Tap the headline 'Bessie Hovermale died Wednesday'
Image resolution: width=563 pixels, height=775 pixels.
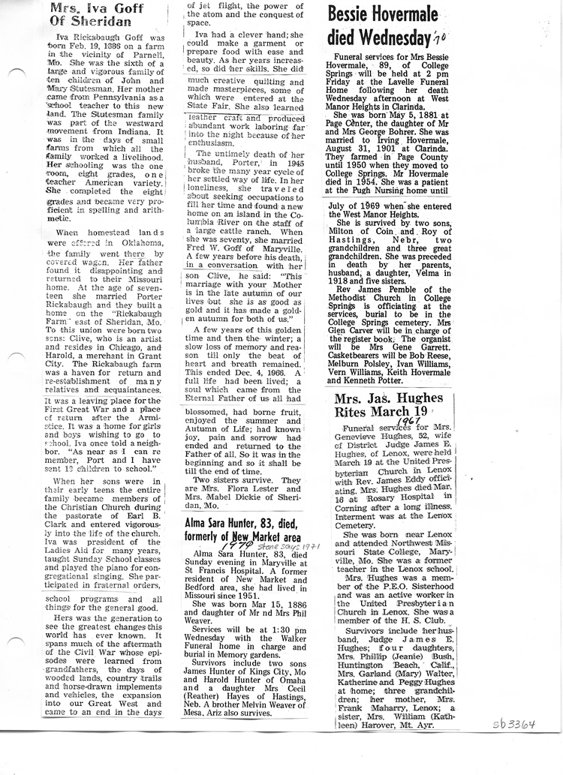(376, 25)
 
